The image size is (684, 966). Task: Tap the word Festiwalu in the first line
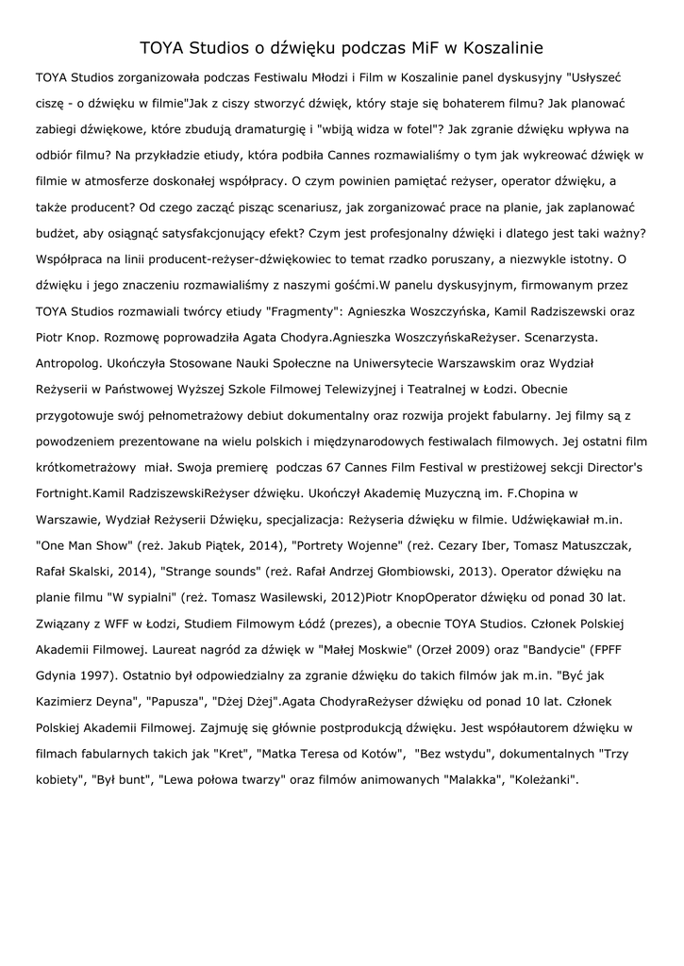point(255,76)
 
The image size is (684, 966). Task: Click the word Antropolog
point(72,361)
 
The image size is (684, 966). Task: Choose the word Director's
point(604,467)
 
